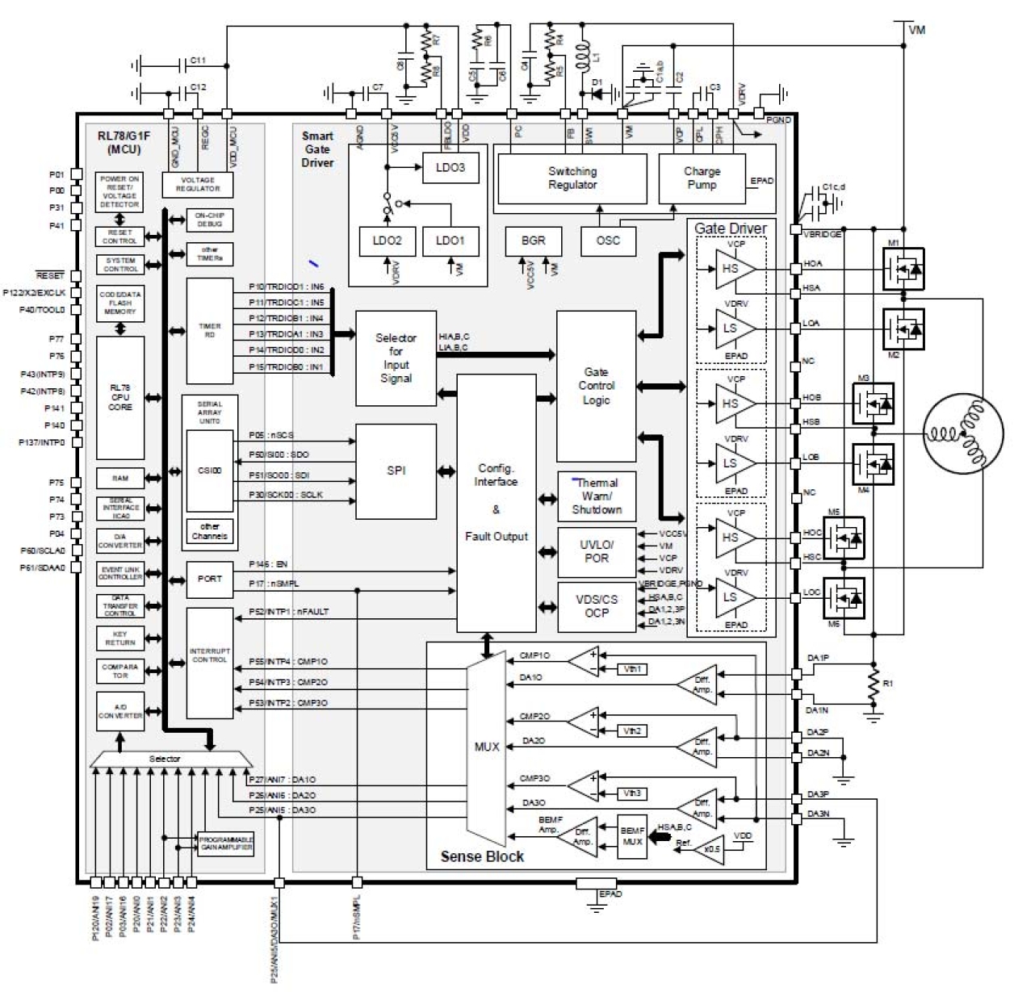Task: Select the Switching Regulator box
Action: point(572,178)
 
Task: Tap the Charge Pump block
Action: point(702,178)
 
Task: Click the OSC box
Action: point(607,241)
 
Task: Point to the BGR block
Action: point(533,241)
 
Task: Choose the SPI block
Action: point(396,471)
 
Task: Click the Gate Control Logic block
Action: point(596,387)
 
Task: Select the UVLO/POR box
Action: point(596,551)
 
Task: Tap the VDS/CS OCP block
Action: point(596,606)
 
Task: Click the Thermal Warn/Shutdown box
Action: point(597,496)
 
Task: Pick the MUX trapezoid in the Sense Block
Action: point(486,747)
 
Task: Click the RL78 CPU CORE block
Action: point(120,398)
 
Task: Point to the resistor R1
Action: point(872,684)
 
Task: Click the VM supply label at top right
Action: point(916,30)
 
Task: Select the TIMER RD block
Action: point(209,331)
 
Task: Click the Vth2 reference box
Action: point(631,730)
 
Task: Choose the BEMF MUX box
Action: point(632,836)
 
